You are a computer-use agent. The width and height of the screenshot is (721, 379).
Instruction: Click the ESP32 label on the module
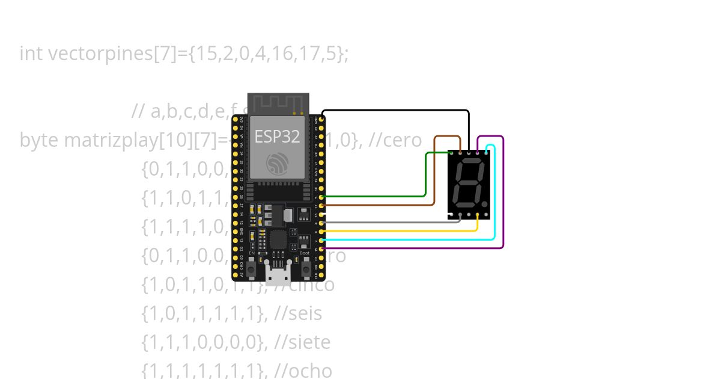pos(277,137)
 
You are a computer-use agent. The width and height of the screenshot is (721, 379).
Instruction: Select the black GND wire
pos(397,111)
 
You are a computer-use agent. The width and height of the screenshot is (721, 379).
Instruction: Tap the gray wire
pos(391,223)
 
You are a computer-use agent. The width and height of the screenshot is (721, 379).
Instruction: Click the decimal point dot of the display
pos(485,205)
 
